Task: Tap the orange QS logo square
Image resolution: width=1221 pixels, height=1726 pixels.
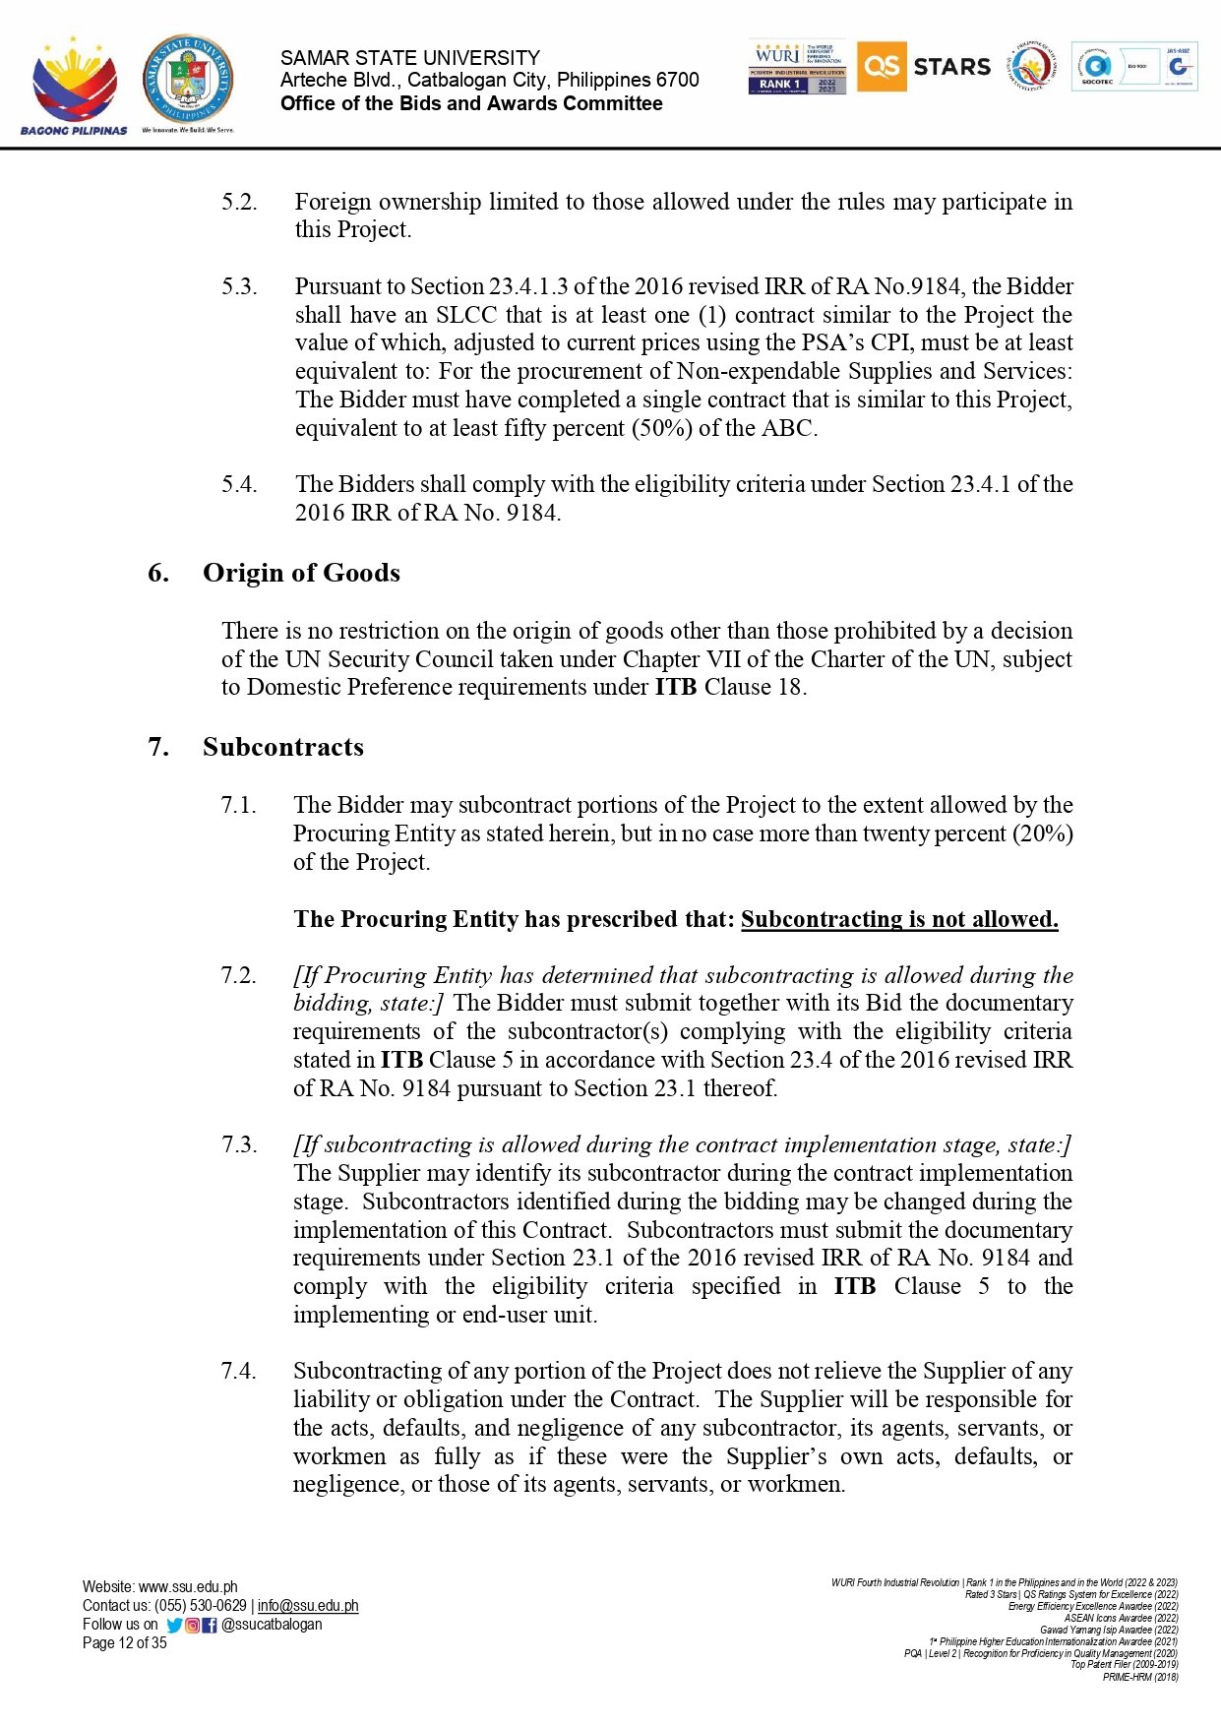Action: [x=882, y=67]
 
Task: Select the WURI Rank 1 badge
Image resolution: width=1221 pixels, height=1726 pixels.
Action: [x=797, y=67]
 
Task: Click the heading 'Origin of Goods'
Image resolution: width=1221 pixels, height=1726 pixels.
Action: [x=301, y=573]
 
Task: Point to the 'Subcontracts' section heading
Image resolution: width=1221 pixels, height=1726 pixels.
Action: [x=283, y=747]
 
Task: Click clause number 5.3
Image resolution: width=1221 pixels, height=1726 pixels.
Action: [x=239, y=286]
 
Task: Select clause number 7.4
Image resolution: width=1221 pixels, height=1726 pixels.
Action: [x=238, y=1371]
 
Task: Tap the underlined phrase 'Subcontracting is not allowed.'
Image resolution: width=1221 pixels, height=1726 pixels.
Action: [x=899, y=919]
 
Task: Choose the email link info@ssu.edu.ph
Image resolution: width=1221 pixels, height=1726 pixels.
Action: [x=308, y=1606]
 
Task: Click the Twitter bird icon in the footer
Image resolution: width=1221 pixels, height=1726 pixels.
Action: [x=174, y=1626]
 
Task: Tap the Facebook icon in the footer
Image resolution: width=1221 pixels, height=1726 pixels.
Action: [x=210, y=1626]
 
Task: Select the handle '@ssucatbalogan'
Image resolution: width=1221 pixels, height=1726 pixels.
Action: [x=272, y=1625]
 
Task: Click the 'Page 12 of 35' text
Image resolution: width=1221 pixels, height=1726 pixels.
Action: [x=125, y=1643]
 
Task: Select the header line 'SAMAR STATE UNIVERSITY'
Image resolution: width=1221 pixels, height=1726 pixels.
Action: [x=410, y=58]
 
